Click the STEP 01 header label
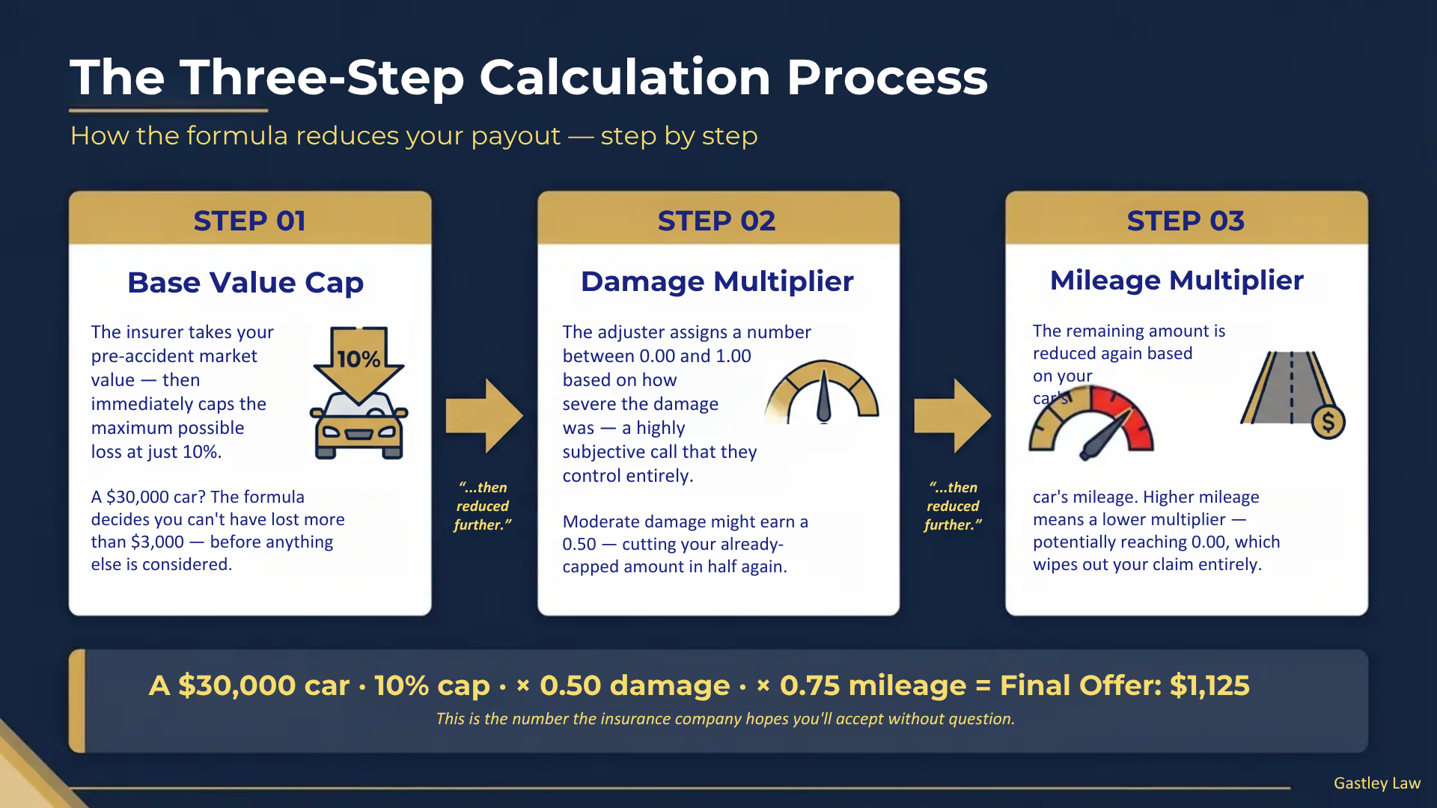tap(249, 221)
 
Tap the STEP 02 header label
tap(716, 221)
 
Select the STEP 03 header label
tap(1186, 221)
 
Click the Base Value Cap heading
tap(245, 283)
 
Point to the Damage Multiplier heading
tap(717, 281)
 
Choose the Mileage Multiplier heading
tap(1177, 280)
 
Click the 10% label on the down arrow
tap(359, 359)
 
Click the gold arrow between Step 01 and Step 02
tap(483, 416)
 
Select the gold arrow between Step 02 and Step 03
tap(952, 416)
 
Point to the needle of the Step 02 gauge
tap(823, 397)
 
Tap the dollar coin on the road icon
tap(1328, 423)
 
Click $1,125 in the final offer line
tap(1209, 685)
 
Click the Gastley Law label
tap(1376, 783)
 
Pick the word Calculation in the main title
tap(625, 77)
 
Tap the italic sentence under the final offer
tap(724, 719)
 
